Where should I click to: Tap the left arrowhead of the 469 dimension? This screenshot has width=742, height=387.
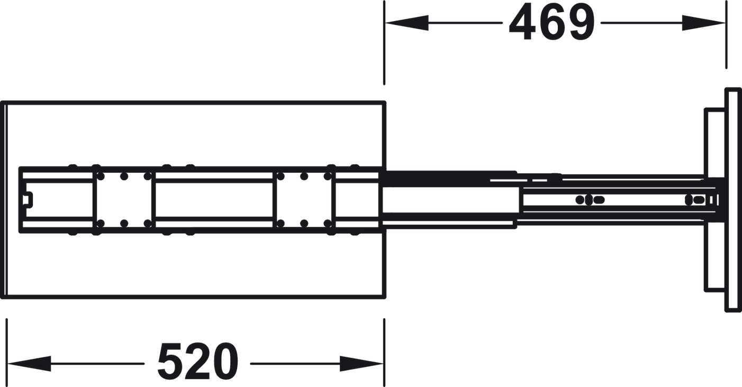407,23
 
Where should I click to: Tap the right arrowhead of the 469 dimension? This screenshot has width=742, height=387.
703,23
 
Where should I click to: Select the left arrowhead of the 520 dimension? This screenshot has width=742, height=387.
29,364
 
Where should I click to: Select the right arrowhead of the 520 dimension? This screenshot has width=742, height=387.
361,364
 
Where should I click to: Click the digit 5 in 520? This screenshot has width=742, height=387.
170,362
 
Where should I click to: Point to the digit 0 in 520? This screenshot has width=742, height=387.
225,362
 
